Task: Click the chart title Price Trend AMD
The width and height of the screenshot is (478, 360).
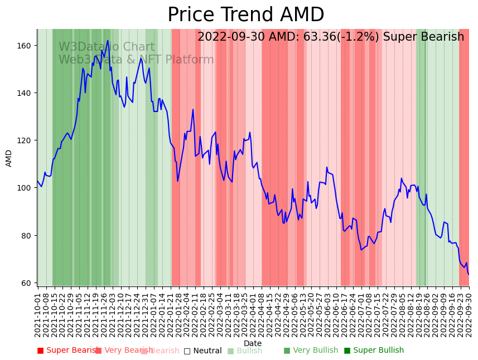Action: click(245, 15)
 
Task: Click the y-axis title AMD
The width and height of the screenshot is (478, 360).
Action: click(9, 158)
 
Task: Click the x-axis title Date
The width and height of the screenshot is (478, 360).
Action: click(252, 343)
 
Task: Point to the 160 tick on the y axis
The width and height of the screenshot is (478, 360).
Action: click(27, 45)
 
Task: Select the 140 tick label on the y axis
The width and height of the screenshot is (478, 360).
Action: click(27, 93)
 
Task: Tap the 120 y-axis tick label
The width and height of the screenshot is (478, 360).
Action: click(27, 140)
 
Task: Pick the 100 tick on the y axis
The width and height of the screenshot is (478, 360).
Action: click(27, 188)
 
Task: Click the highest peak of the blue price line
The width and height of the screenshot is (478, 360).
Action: click(108, 40)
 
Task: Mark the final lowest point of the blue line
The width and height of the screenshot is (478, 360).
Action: click(468, 274)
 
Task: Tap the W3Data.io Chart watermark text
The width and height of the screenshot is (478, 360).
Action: click(107, 47)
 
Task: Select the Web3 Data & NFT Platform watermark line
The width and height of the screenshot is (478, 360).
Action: click(136, 60)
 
